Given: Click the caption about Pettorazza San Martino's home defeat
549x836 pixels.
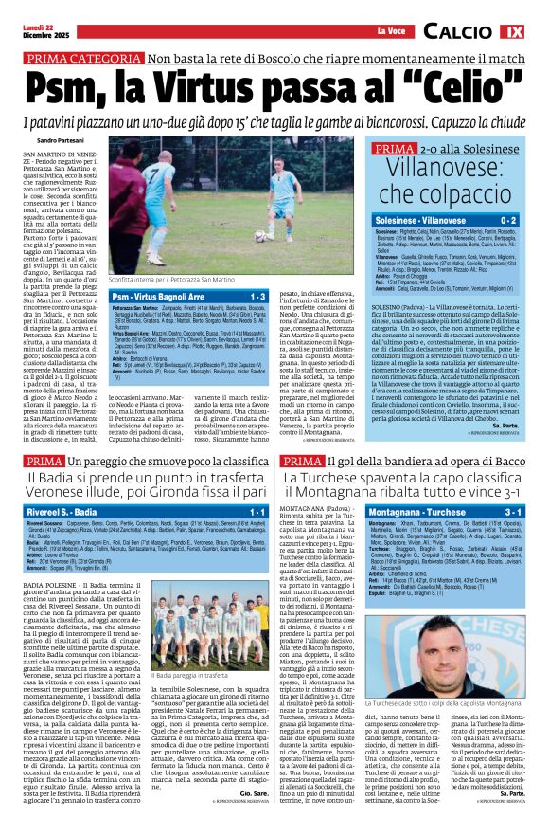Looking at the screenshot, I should click(x=174, y=282).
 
